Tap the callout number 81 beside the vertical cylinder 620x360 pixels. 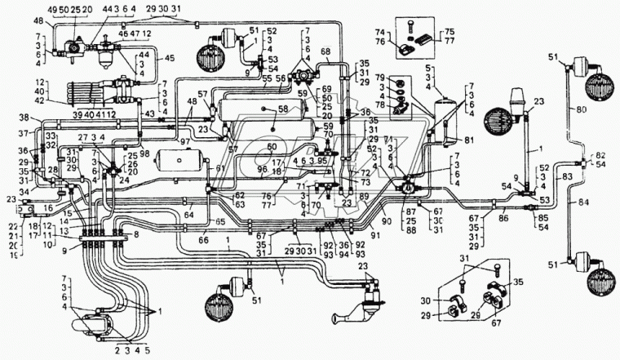468,140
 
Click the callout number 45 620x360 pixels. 170,58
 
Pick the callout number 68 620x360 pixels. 325,52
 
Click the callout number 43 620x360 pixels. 148,113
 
